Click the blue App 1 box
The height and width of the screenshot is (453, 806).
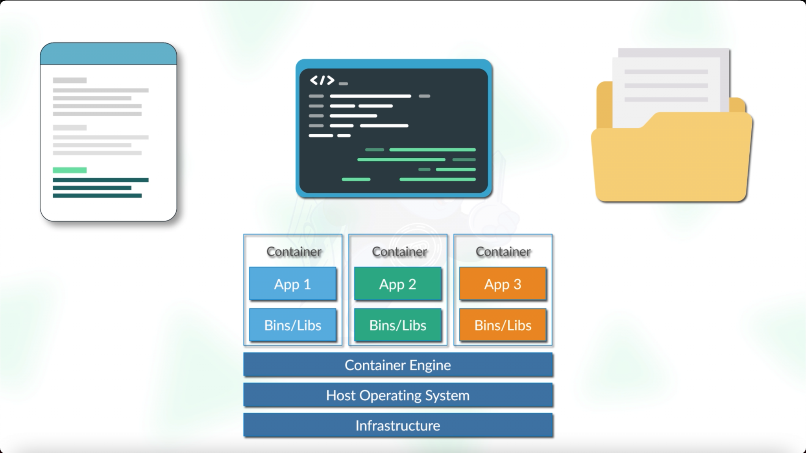pos(292,284)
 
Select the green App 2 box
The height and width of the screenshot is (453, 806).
pos(397,284)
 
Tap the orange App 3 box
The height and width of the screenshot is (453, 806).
pos(503,284)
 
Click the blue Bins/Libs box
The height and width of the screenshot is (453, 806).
pos(292,325)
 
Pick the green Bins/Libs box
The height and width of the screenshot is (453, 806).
pos(397,325)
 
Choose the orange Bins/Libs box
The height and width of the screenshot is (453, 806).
pos(503,325)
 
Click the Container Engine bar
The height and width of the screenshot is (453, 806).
pos(397,365)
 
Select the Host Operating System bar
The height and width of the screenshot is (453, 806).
pos(397,395)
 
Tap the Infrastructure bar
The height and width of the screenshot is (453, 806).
pos(397,425)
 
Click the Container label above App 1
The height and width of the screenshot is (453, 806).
pos(294,252)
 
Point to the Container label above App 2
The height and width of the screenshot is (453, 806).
pos(399,252)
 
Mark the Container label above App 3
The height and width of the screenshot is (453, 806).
pos(503,252)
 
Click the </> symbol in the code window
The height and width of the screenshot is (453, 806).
pos(322,80)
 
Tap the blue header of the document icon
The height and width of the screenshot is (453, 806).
pos(108,54)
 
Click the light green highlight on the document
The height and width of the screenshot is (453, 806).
pos(70,170)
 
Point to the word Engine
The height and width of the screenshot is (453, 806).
pos(430,365)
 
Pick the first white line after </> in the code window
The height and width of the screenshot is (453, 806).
pos(370,96)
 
